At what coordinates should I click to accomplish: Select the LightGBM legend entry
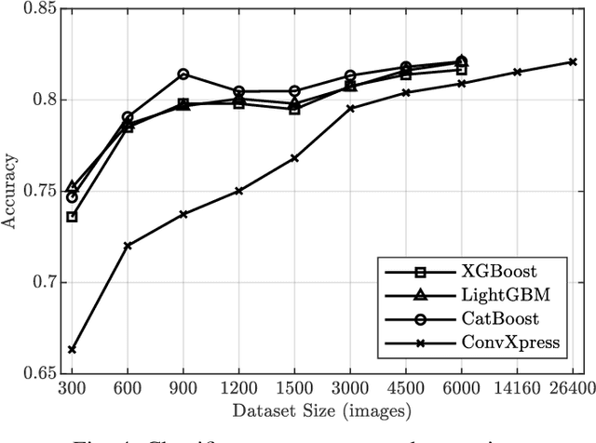pos(497,295)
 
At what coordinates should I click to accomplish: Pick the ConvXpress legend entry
pos(499,342)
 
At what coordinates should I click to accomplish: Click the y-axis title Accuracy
pos(12,193)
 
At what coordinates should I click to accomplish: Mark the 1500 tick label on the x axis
pos(294,389)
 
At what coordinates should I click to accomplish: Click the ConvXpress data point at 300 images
pos(72,350)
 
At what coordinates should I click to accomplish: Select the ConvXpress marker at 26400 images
pos(573,62)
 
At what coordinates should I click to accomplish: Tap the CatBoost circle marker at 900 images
pos(183,74)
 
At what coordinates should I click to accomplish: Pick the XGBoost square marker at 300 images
pos(72,217)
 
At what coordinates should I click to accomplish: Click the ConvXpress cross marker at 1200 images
pos(238,191)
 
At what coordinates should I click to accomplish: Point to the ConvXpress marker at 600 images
pos(128,246)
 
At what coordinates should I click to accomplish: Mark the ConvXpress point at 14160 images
pos(517,72)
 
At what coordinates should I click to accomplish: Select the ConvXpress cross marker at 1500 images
pos(294,158)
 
